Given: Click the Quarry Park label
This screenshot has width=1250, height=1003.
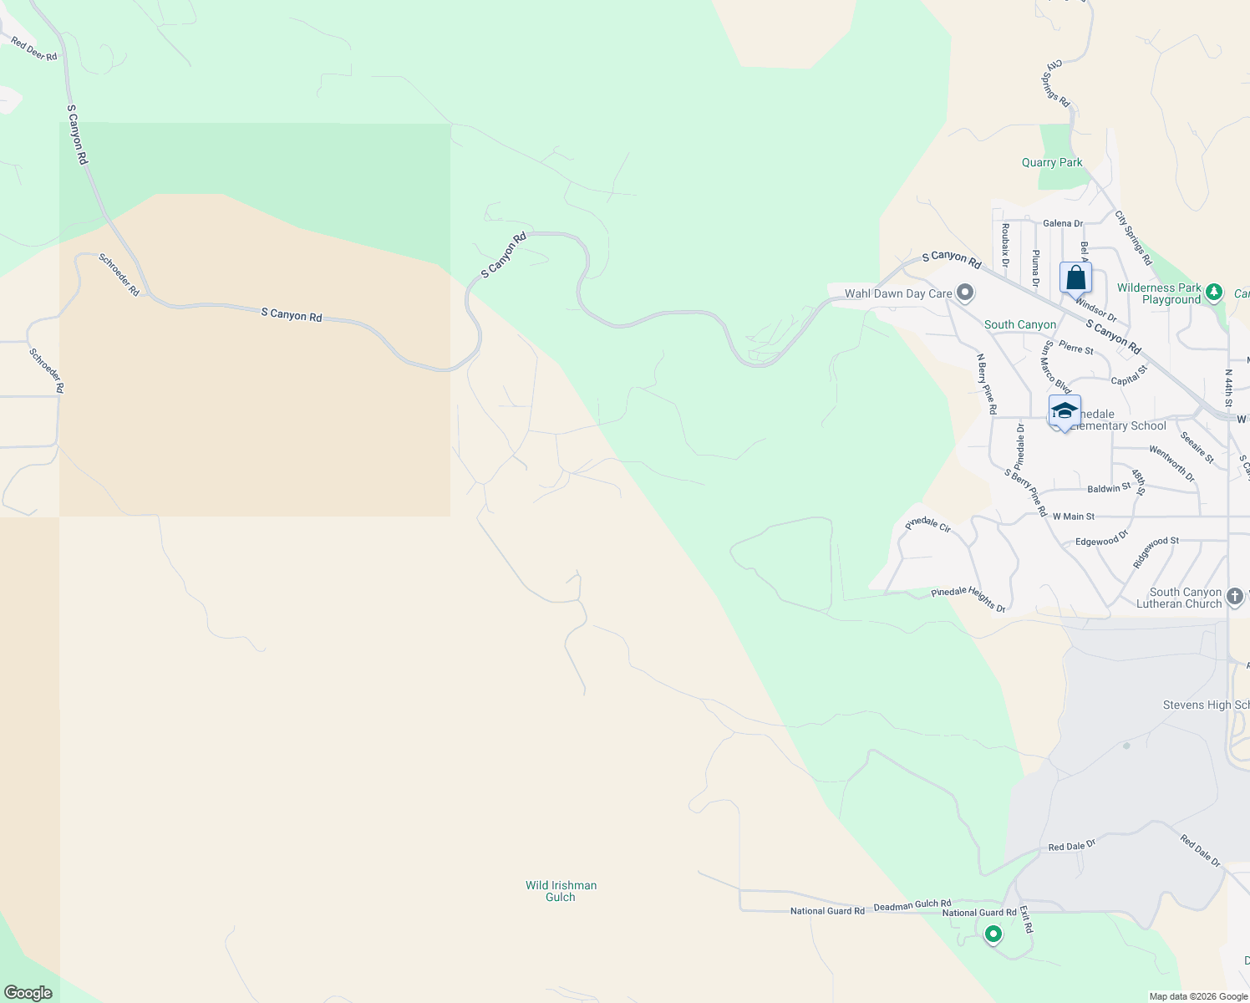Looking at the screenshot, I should pyautogui.click(x=1052, y=162).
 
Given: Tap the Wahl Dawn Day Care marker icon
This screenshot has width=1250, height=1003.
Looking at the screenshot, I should pyautogui.click(x=965, y=293).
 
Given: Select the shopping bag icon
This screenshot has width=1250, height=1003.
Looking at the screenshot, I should pyautogui.click(x=1075, y=277).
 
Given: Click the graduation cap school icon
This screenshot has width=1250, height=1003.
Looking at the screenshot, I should pyautogui.click(x=1065, y=411).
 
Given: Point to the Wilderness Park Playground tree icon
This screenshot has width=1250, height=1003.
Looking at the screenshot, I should pyautogui.click(x=1215, y=293).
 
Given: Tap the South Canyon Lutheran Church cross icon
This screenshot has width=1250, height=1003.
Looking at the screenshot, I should pyautogui.click(x=1235, y=598).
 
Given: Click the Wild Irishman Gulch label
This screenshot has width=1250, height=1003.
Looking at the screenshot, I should pyautogui.click(x=561, y=891).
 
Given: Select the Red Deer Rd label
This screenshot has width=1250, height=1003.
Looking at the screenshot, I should pyautogui.click(x=34, y=49).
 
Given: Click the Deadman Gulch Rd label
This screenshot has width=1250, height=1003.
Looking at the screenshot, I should pyautogui.click(x=912, y=904).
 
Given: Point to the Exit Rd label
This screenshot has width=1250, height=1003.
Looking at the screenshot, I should pyautogui.click(x=1026, y=919).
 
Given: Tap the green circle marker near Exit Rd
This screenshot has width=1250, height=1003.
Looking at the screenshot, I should pyautogui.click(x=993, y=934).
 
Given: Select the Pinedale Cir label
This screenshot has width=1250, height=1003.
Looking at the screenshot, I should pyautogui.click(x=927, y=525).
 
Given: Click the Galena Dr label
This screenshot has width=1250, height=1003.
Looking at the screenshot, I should pyautogui.click(x=1063, y=223).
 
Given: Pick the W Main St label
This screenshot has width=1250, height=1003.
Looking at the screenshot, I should pyautogui.click(x=1073, y=517).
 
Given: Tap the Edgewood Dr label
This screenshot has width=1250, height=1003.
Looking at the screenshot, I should pyautogui.click(x=1101, y=538).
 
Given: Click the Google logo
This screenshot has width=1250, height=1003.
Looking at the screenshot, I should pyautogui.click(x=28, y=993).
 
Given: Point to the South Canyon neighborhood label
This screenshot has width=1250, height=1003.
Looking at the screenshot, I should pyautogui.click(x=1019, y=324).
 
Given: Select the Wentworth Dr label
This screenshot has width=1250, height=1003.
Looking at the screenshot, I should pyautogui.click(x=1171, y=463).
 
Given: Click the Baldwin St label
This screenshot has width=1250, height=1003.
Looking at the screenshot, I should pyautogui.click(x=1108, y=488).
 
